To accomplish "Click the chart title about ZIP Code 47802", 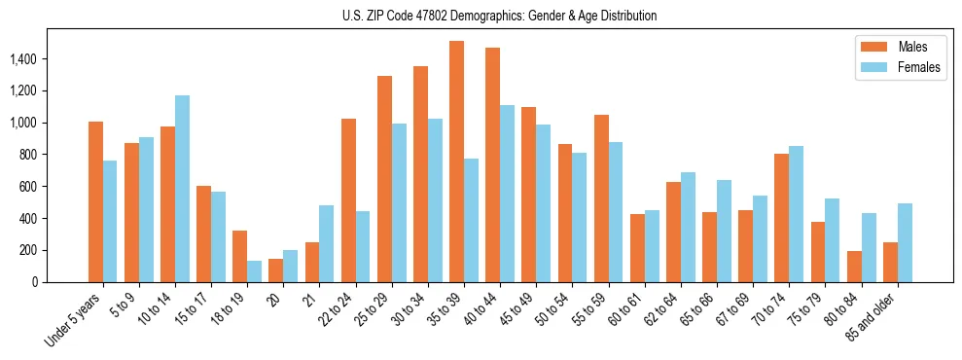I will click(499, 16).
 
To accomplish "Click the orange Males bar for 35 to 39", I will click(456, 162).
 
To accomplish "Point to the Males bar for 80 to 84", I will click(853, 267).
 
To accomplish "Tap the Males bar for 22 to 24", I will click(348, 200).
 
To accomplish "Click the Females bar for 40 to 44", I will click(507, 194).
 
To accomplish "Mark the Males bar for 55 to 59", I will click(601, 198).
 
